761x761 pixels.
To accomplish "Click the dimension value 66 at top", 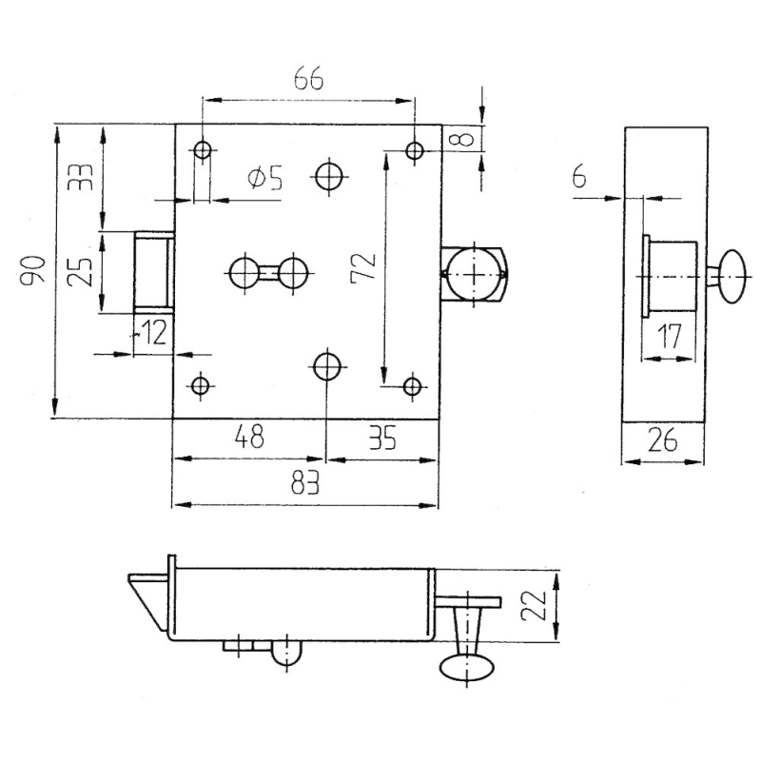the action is coord(308,78).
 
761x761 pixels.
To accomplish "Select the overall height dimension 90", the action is coord(33,270).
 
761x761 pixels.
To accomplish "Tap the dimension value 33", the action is coord(80,178).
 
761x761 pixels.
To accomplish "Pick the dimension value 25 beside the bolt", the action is coord(80,272).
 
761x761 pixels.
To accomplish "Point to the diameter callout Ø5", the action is coord(265,179).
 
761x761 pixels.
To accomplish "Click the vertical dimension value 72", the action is coord(364,266).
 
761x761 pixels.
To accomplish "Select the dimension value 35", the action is coord(382,437).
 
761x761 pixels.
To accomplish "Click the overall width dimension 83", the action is coord(305,482).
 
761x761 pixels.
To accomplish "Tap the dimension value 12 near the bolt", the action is coord(152,332).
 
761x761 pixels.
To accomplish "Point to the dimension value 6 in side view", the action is coord(579,176).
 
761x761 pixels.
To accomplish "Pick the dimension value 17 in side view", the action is coord(670,336).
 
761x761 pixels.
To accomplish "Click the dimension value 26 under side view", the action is coord(662,440).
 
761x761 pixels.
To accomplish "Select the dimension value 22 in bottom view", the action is coord(533,606).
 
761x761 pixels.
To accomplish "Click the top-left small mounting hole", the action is coord(203,150).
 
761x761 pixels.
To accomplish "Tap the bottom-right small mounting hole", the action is coord(413,387).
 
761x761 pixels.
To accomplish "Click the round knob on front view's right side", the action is coord(474,275).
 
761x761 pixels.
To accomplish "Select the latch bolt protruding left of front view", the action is coord(153,273).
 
